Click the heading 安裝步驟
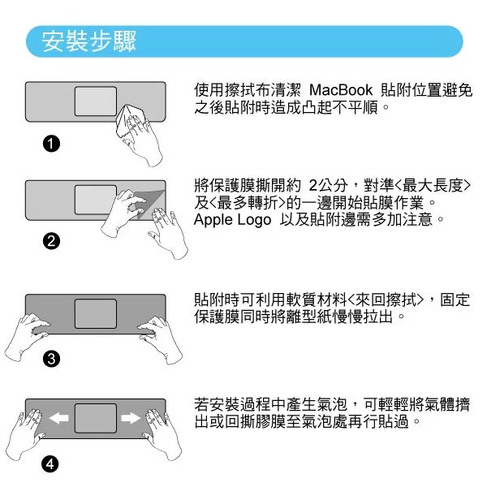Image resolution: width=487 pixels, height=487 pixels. (88, 41)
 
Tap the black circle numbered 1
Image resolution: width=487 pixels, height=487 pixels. (52, 144)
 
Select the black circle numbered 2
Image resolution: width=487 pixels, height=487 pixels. (52, 241)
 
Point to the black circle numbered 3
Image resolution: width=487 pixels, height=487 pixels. (52, 359)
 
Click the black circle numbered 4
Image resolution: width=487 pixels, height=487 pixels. (50, 464)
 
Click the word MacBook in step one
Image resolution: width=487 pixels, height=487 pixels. (341, 90)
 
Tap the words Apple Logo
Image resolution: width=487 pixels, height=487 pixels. (232, 220)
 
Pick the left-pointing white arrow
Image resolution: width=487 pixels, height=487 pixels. (58, 418)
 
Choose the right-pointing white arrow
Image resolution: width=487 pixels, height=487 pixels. (131, 418)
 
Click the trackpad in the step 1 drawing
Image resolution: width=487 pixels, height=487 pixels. (96, 101)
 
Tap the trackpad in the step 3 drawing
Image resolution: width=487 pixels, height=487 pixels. (96, 313)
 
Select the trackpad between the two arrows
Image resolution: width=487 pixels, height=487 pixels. (96, 418)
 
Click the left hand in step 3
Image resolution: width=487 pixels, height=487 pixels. (27, 336)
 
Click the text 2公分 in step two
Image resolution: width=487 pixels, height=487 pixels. (328, 186)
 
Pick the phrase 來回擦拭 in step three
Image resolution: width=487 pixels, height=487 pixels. (386, 300)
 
